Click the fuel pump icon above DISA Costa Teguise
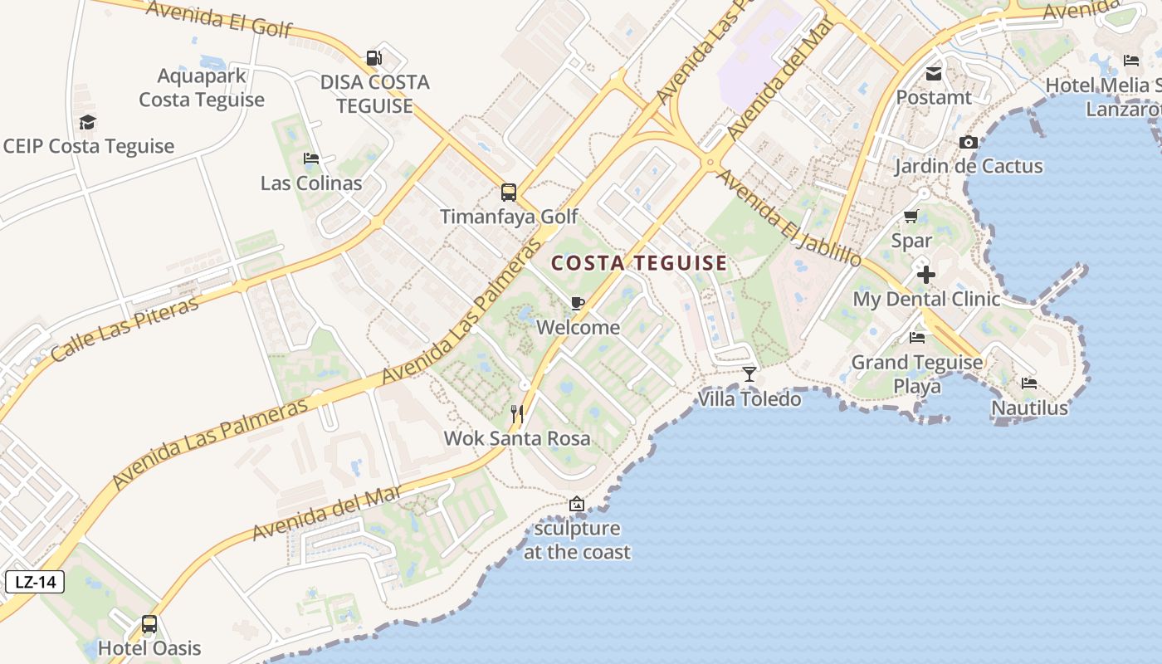[x=374, y=58]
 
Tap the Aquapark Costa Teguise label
[x=202, y=88]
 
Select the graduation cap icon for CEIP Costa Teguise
[x=87, y=123]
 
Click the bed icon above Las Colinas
[x=311, y=159]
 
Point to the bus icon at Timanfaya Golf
[x=509, y=193]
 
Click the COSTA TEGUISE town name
[x=639, y=264]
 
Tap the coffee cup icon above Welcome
[x=578, y=303]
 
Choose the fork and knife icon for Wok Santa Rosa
[x=517, y=413]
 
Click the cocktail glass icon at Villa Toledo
[x=749, y=374]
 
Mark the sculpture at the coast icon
[x=577, y=504]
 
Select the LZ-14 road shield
[x=35, y=582]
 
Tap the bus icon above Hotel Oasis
[x=149, y=623]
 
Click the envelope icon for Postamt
[x=934, y=74]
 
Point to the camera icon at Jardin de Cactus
[x=969, y=143]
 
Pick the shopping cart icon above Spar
[x=911, y=217]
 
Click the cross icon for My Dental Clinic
[x=926, y=275]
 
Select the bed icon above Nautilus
[x=1029, y=383]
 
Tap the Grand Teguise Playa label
[x=917, y=373]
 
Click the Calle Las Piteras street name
[x=125, y=329]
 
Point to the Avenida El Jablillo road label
[x=788, y=217]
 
